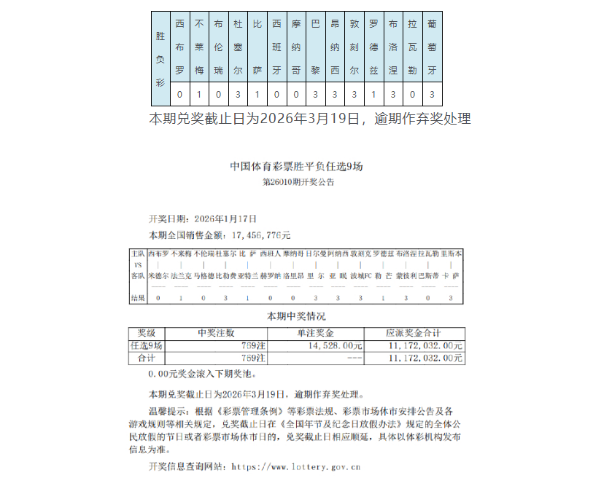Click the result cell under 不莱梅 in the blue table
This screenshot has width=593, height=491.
point(199,95)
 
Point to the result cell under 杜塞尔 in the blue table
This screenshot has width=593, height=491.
point(238,95)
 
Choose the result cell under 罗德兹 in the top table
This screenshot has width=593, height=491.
point(373,95)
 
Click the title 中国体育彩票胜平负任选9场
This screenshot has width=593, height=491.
point(296,166)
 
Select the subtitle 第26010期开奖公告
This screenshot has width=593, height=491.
point(298,182)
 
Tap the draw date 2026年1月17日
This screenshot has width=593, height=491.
point(225,219)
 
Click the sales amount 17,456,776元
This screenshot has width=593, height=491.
point(261,235)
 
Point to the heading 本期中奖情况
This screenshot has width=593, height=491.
point(296,316)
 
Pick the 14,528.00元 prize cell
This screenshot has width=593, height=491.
point(336,345)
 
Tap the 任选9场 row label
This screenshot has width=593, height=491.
point(147,345)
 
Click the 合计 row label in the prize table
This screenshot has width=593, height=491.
point(147,358)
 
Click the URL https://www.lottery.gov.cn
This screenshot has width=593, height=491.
point(295,466)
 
